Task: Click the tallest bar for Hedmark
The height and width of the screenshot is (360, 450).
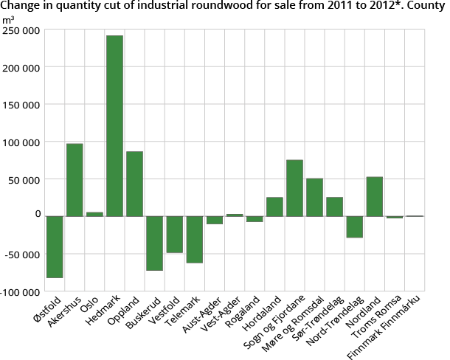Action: tap(114, 125)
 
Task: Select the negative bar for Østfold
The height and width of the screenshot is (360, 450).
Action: tap(55, 246)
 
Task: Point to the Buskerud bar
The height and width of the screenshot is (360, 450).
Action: tap(154, 243)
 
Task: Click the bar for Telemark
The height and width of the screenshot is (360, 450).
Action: tap(194, 239)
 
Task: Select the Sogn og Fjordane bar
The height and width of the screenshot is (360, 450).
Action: tap(294, 187)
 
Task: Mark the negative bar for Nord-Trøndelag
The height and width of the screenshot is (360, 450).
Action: tap(354, 226)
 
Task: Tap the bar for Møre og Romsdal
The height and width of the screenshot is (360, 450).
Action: tap(314, 197)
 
